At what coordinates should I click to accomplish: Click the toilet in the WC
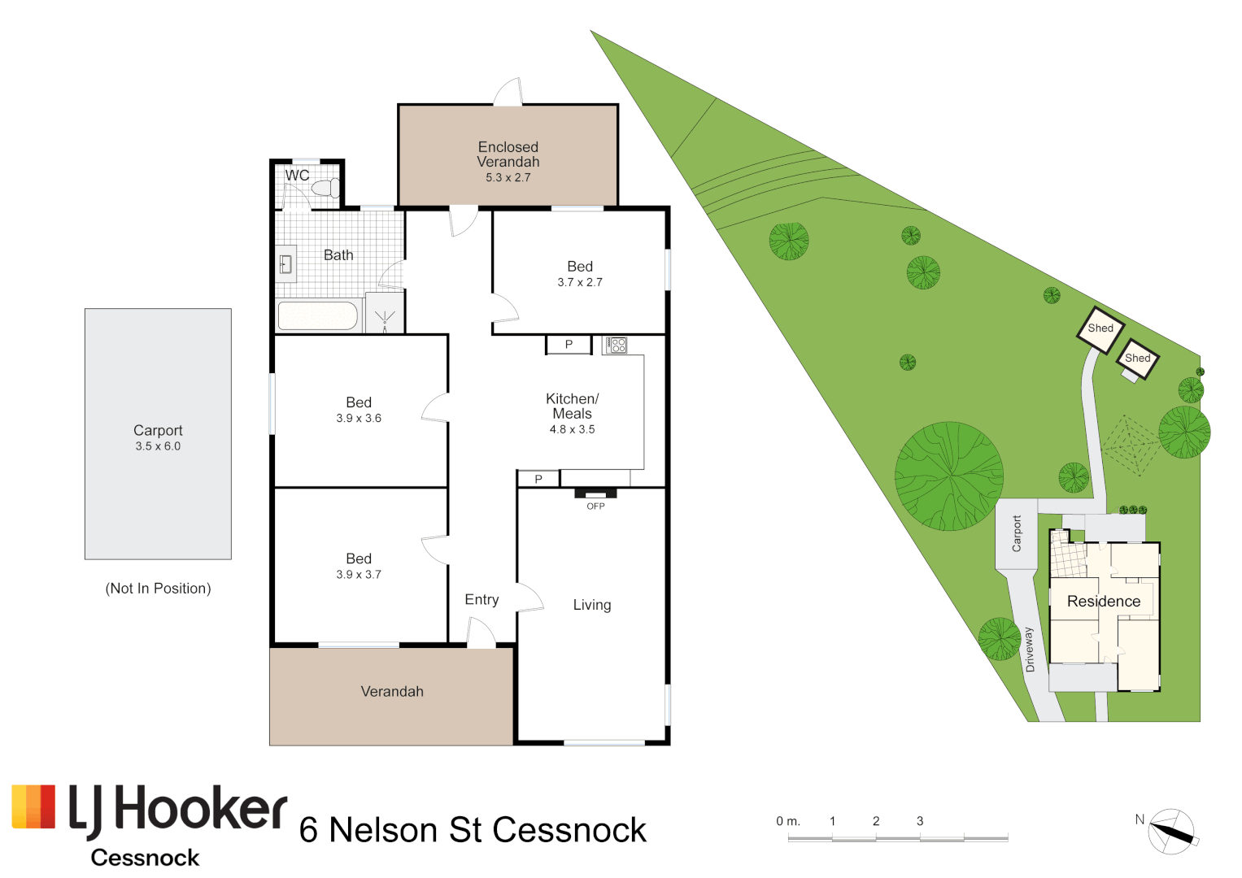click(x=326, y=187)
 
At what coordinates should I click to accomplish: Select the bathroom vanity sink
click(x=285, y=264)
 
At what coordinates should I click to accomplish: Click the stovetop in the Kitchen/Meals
click(x=616, y=346)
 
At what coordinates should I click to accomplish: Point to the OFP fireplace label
click(x=595, y=506)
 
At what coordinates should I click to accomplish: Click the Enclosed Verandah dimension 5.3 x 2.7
click(x=508, y=177)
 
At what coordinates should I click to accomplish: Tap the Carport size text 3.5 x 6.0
click(x=158, y=446)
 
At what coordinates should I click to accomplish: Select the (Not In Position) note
click(x=158, y=588)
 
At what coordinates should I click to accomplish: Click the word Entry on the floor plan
click(x=482, y=600)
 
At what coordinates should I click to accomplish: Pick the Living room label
click(x=592, y=605)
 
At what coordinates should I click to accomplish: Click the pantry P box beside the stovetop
click(x=569, y=345)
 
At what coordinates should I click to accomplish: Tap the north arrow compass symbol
click(x=1171, y=832)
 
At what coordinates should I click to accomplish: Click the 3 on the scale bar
click(x=920, y=821)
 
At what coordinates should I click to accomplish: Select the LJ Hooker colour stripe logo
click(x=33, y=806)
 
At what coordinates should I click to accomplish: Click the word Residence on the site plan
click(x=1104, y=602)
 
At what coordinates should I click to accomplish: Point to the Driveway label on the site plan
click(x=1030, y=650)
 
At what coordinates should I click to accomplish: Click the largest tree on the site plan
click(x=948, y=476)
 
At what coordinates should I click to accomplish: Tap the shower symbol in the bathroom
click(x=385, y=319)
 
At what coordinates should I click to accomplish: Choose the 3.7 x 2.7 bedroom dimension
click(x=580, y=282)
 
